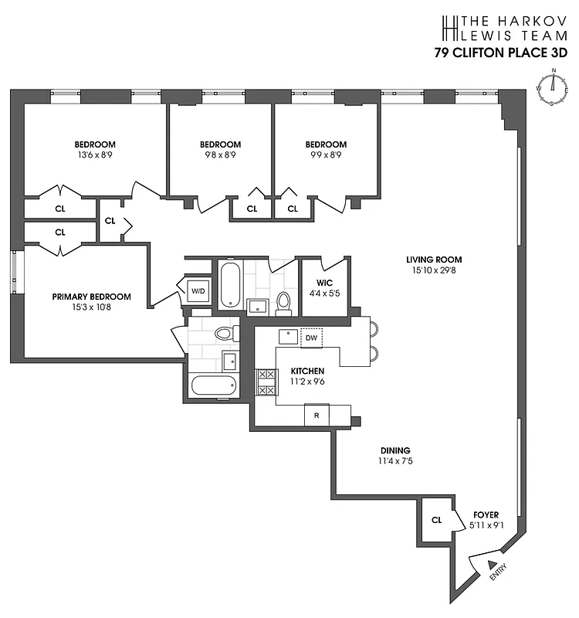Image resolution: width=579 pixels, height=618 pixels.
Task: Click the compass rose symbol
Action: pos(553,89)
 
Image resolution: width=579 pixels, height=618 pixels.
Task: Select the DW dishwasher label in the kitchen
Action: pos(311,338)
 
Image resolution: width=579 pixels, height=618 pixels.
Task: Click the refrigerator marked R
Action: pos(316,415)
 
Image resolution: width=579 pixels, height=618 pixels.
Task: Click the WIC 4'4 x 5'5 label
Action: pos(323,288)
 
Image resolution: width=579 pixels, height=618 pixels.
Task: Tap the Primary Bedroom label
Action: pos(91,297)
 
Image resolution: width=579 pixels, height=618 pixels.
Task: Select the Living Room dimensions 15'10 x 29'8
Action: pos(434,270)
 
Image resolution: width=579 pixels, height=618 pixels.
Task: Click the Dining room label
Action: pos(394,450)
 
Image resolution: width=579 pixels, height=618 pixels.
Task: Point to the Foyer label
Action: pos(486,514)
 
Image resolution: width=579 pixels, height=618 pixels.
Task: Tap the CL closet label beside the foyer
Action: pos(436,520)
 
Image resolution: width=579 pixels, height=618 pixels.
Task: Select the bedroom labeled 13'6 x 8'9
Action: pos(95,149)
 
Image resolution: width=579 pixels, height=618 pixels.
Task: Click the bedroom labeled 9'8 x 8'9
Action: pos(220,149)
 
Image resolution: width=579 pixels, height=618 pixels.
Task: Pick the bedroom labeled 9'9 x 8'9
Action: pos(326,149)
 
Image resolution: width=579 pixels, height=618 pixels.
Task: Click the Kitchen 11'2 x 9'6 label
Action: pos(306,376)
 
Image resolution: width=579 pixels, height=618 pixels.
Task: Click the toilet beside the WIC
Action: pos(283,302)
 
